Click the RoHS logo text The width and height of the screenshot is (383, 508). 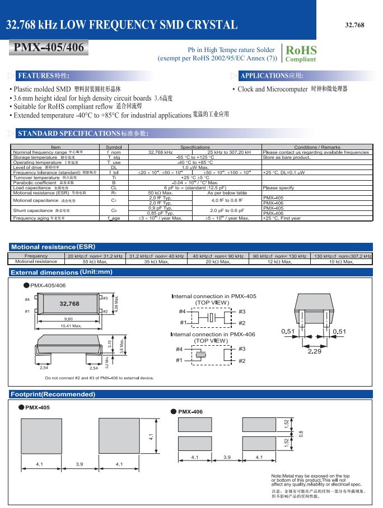301,50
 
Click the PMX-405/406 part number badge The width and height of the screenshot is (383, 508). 48,48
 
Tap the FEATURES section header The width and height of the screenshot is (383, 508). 44,76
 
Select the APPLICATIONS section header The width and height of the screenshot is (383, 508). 272,76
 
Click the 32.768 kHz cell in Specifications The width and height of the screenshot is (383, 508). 160,152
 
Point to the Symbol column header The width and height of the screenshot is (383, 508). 114,147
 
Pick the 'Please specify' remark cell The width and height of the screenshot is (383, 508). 278,188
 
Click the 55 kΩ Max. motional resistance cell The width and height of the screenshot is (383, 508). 95,261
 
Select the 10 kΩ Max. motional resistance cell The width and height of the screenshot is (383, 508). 340,261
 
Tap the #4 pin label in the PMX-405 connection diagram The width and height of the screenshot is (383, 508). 182,312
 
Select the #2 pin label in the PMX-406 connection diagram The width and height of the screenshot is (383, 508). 242,361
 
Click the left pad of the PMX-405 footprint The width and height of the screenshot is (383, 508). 39,436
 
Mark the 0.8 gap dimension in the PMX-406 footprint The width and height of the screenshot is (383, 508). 301,432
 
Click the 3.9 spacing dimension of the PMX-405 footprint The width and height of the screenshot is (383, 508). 79,464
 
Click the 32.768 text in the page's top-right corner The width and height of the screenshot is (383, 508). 354,25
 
